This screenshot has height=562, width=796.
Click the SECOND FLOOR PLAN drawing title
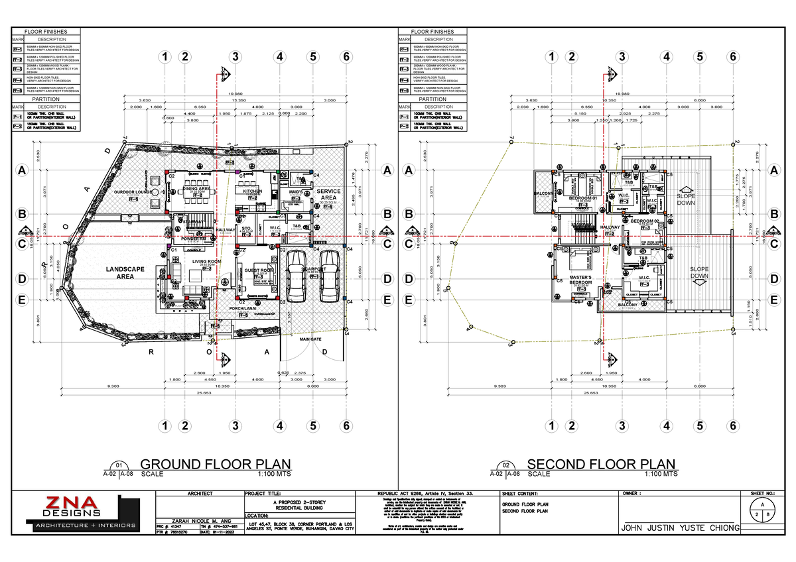[x=601, y=465]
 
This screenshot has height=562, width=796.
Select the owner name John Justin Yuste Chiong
[x=678, y=528]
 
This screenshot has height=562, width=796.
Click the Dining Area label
[x=197, y=189]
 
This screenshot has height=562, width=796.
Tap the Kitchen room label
[x=253, y=191]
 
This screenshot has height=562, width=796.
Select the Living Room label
[x=206, y=262]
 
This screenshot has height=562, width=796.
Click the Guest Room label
[x=259, y=270]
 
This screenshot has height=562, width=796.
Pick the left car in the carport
[x=294, y=274]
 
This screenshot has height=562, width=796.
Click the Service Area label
[x=330, y=195]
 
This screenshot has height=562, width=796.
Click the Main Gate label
[x=310, y=339]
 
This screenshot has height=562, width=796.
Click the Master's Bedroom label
[x=580, y=280]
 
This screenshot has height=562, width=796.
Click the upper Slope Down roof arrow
[x=686, y=200]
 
